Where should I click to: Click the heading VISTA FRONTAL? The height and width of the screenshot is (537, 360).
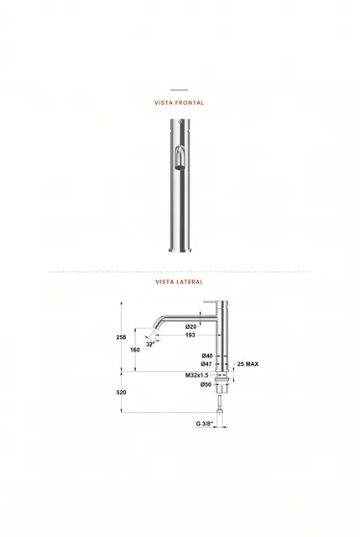point(179,102)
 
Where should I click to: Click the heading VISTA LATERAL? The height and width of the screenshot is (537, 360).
point(179,282)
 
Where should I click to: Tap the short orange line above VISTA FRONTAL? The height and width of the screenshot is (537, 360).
point(179,90)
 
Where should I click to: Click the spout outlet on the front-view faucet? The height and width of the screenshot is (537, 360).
point(180,168)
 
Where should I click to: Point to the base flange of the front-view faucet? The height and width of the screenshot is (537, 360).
point(180,250)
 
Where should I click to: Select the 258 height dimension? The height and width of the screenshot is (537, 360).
point(121,337)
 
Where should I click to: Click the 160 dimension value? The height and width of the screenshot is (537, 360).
point(135,350)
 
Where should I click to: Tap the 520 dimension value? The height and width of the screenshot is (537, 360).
point(121,393)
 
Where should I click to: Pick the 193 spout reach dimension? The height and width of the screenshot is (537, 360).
point(190,335)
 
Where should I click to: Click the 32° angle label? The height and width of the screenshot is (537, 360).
point(150,344)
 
